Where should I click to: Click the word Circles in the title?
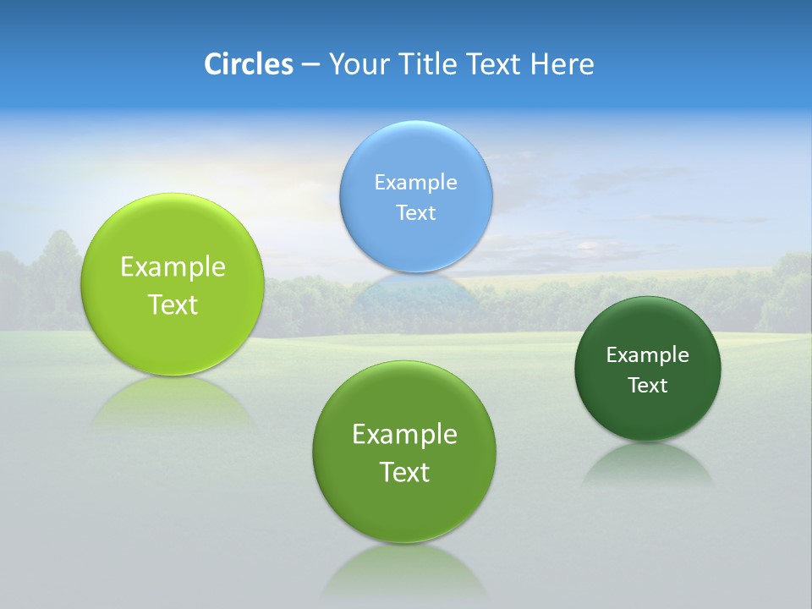[x=248, y=64]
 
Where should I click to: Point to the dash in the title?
[x=310, y=65]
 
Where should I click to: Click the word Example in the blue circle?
[x=415, y=182]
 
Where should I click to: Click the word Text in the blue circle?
[x=415, y=212]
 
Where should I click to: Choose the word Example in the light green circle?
[x=173, y=267]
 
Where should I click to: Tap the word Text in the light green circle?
[x=173, y=304]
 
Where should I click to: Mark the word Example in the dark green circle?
[x=648, y=355]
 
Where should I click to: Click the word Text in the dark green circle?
[x=648, y=386]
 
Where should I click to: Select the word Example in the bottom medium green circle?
[x=404, y=435]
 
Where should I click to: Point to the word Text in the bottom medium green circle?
[x=404, y=472]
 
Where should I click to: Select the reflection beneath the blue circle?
[x=415, y=292]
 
